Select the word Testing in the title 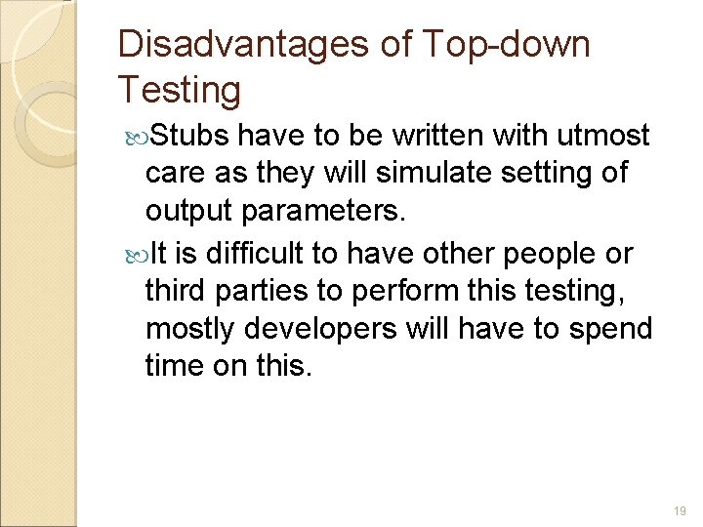point(179,90)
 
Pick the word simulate point(417,173)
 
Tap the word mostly point(190,330)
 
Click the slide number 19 point(680,510)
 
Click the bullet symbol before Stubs point(136,134)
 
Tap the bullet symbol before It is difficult point(136,255)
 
